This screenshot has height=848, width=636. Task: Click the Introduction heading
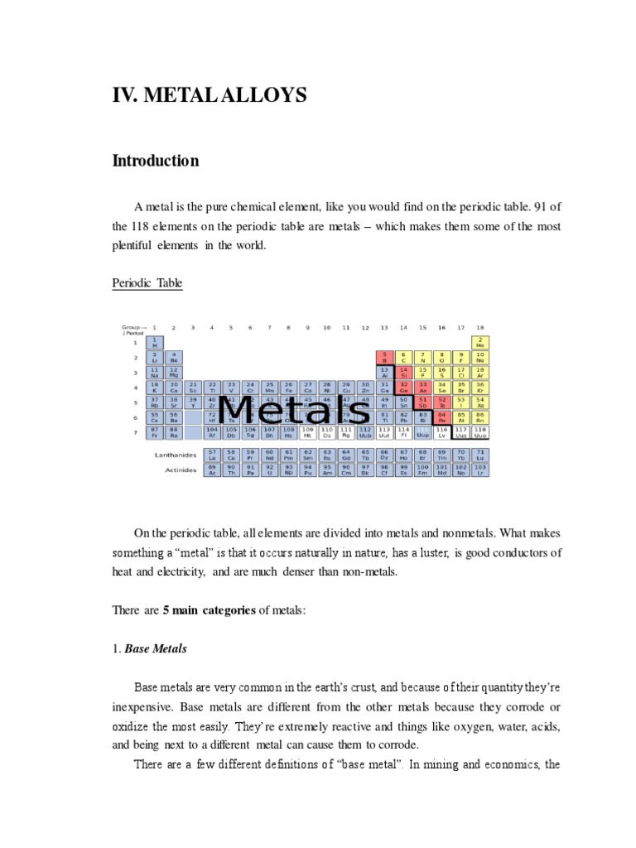[x=156, y=161]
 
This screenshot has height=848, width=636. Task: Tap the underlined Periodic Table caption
[x=147, y=283]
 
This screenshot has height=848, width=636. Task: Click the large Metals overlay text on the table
[x=296, y=410]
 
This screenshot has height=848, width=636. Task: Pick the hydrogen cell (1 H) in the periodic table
[x=154, y=342]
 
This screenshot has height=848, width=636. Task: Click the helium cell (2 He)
[x=480, y=342]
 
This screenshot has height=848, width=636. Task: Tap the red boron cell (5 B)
[x=384, y=358]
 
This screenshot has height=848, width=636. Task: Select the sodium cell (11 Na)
[x=154, y=373]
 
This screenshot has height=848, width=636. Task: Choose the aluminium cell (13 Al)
[x=384, y=373]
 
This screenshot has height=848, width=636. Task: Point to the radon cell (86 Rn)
[x=480, y=417]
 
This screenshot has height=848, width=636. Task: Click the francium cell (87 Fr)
[x=154, y=432]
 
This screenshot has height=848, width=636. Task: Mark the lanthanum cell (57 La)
[x=212, y=455]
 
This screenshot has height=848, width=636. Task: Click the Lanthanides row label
[x=176, y=455]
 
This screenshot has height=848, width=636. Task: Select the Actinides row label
[x=181, y=470]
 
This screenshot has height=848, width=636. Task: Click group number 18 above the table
[x=480, y=328]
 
